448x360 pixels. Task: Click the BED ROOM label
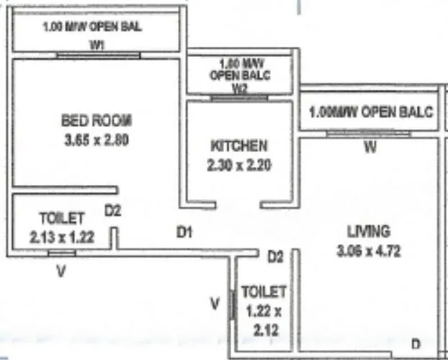(x=97, y=120)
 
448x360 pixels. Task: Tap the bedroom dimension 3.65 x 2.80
(x=96, y=140)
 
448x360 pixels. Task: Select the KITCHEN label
(x=239, y=145)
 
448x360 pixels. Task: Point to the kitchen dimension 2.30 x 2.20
(x=239, y=165)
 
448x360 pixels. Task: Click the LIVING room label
(x=368, y=232)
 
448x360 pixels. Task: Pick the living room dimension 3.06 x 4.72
(x=368, y=251)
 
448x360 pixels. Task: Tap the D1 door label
(x=185, y=232)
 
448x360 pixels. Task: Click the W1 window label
(x=97, y=45)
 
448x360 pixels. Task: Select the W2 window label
(x=240, y=89)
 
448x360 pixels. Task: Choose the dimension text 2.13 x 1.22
(x=62, y=235)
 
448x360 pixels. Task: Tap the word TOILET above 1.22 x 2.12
(x=264, y=292)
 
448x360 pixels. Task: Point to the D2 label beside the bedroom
(x=113, y=211)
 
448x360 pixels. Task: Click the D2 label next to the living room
(x=274, y=256)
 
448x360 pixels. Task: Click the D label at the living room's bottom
(x=416, y=343)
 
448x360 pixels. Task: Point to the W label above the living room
(x=369, y=149)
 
